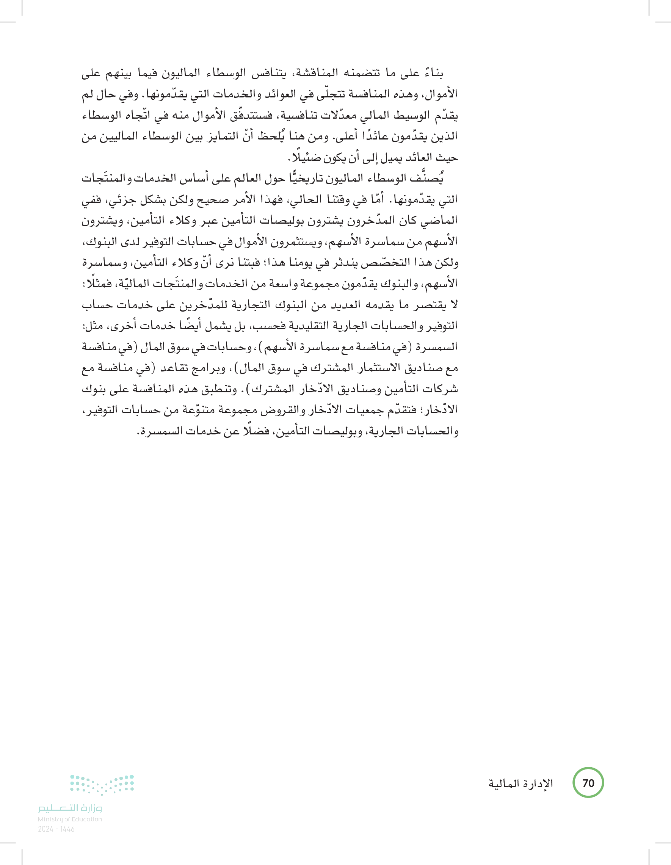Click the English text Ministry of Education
pyautogui.click(x=70, y=819)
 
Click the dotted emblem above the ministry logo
pyautogui.click(x=102, y=784)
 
